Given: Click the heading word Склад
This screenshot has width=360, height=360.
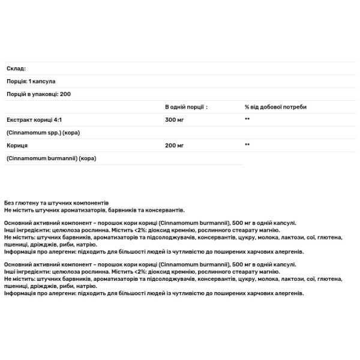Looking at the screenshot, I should point(15,68).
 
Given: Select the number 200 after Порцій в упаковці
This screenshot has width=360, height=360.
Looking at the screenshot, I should point(65,94).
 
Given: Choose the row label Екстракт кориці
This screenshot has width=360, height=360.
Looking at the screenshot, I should point(29,119).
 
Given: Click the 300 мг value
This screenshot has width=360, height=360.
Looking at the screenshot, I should point(175,119).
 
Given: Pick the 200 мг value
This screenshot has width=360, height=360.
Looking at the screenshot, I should point(175,145).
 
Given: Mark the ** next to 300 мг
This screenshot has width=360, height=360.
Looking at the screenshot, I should point(247,119).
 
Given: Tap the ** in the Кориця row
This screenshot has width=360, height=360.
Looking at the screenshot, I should point(247,145).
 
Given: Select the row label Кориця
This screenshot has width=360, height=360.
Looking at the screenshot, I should point(16,145).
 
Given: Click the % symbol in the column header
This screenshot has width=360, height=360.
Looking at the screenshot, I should point(246,107).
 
